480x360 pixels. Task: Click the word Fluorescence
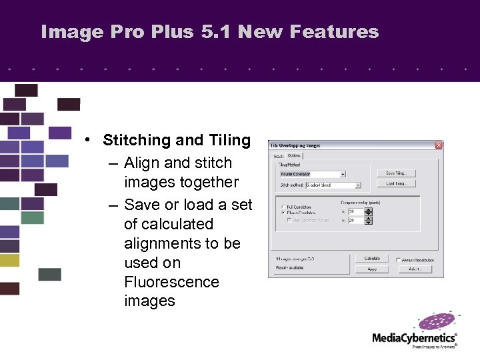pos(171,282)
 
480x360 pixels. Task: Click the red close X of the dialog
pos(438,145)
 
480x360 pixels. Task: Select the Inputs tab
pos(279,156)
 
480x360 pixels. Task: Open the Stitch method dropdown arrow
pos(358,185)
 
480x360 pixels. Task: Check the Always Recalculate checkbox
pos(398,260)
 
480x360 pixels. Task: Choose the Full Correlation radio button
pos(283,207)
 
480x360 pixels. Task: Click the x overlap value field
pos(355,211)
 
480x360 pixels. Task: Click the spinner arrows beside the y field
pos(368,221)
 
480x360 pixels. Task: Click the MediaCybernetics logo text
pos(414,338)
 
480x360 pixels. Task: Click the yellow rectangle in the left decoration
pos(9,260)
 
